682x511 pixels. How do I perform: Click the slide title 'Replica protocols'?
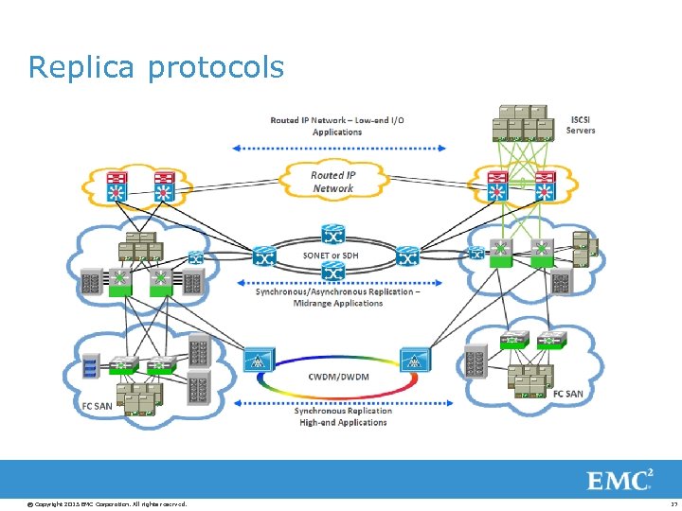coord(155,67)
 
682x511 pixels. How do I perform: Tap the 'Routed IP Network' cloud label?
coord(333,182)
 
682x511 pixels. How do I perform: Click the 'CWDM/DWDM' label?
coord(339,377)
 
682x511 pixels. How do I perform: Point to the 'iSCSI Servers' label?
coord(581,125)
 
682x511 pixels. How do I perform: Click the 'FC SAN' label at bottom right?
coord(569,393)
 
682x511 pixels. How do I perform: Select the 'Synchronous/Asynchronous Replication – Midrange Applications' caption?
coord(338,297)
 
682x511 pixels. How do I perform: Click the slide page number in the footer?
coord(671,503)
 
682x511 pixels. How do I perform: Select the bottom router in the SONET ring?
coord(332,272)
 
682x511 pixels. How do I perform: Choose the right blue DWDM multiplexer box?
coord(414,359)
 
